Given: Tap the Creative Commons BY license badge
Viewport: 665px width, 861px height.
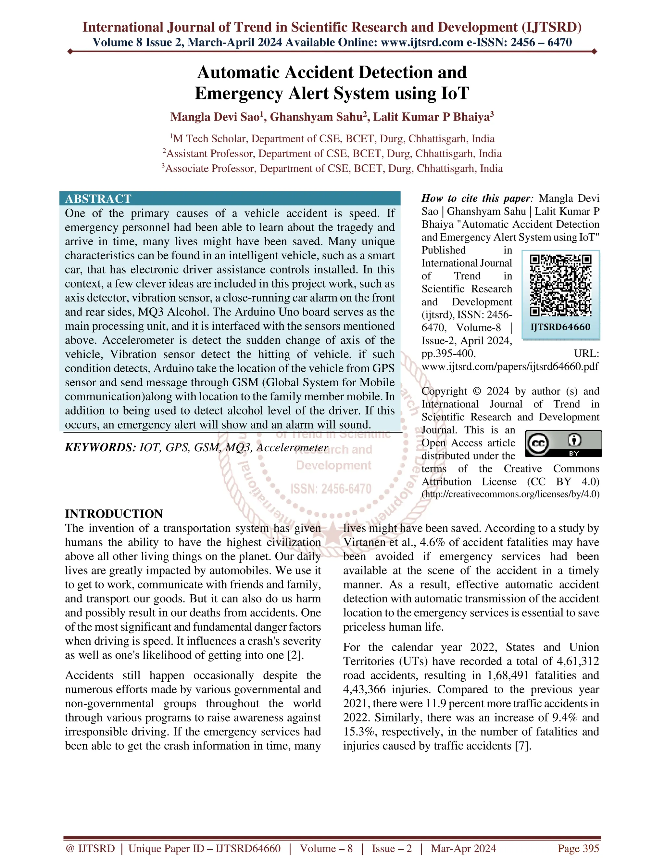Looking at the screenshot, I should tap(563, 443).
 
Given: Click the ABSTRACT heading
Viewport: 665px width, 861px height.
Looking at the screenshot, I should tap(98, 199).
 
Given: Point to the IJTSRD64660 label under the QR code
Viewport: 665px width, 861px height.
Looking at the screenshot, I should tap(560, 327).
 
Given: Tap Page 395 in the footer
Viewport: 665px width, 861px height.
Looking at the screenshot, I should tap(578, 848).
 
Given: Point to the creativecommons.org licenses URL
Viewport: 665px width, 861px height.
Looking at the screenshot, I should tap(510, 494).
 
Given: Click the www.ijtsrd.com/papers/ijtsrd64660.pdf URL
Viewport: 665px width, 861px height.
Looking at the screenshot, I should tap(510, 366).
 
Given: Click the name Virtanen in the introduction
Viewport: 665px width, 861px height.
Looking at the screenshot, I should tap(365, 543).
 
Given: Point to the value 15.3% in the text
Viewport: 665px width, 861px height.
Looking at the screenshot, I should tap(358, 732).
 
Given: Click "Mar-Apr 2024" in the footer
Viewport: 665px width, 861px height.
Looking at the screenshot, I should tap(463, 848).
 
